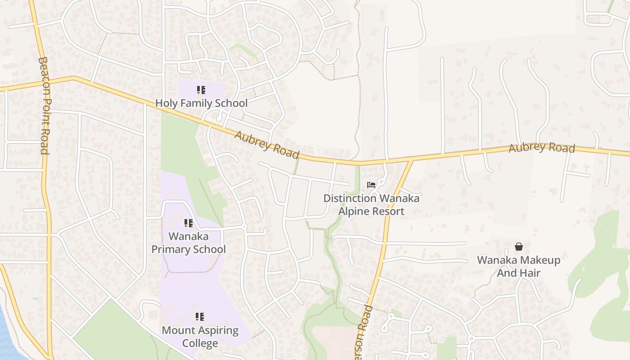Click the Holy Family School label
[201, 103]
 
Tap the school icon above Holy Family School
[201, 90]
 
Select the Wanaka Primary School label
[189, 243]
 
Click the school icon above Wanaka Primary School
[189, 223]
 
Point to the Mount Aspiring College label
[200, 337]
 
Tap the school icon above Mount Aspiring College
[200, 317]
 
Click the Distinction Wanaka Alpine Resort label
[371, 205]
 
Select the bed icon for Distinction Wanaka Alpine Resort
[371, 184]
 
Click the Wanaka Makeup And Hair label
[518, 266]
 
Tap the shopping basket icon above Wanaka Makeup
[519, 247]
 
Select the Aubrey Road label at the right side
[542, 148]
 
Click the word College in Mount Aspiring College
[200, 343]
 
